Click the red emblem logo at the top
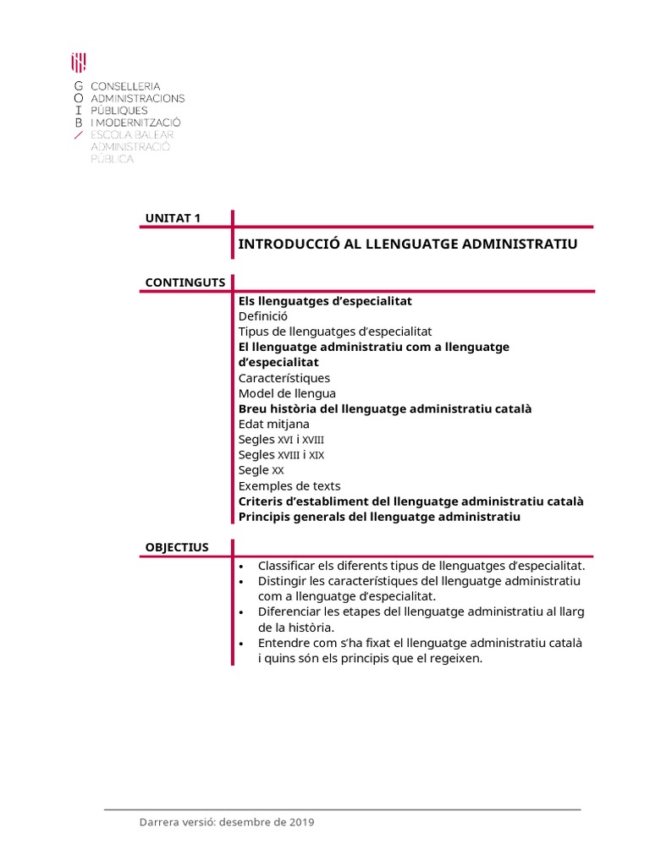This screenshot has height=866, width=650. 78,62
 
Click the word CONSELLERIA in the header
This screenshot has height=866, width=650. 125,86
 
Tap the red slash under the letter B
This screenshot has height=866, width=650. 78,134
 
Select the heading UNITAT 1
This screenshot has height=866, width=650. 173,218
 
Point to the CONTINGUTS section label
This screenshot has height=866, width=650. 185,282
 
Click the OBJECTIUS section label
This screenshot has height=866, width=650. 177,547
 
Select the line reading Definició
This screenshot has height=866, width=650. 263,316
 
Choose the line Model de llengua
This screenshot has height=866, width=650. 287,393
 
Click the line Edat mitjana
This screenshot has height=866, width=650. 274,424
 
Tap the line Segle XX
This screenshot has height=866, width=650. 261,470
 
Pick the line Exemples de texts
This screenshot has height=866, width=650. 289,485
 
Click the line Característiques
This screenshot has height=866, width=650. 284,378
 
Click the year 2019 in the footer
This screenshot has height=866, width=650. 301,823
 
